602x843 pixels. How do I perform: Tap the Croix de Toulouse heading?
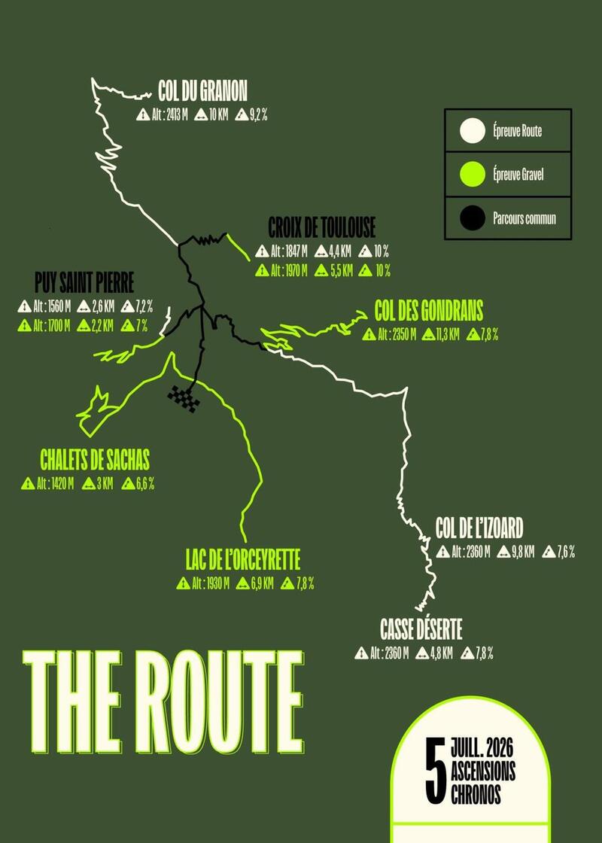(321, 227)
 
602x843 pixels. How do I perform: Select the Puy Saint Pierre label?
(84, 283)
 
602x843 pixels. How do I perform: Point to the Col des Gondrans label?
(428, 311)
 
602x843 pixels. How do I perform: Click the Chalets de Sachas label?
(95, 459)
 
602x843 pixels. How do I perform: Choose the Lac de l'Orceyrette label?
(243, 560)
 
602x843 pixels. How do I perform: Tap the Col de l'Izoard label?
(479, 528)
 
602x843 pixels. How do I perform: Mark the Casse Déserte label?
(421, 629)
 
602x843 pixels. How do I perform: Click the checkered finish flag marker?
(184, 398)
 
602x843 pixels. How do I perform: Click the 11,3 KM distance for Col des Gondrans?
(440, 335)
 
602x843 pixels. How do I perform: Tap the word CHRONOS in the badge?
(476, 791)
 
